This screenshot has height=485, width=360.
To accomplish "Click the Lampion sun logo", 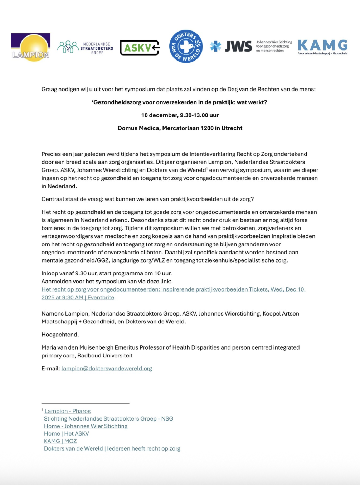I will [31, 47].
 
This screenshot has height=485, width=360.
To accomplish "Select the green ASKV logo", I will [140, 48].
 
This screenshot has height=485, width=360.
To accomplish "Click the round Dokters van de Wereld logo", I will [186, 47].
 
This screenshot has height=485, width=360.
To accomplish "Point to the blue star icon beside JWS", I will [215, 46].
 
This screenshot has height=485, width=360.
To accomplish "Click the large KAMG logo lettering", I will [322, 45].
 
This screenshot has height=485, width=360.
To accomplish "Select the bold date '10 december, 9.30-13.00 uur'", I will [180, 115].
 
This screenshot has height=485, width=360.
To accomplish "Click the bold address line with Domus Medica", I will [180, 128].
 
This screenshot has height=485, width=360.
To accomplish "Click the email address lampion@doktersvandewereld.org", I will [107, 369].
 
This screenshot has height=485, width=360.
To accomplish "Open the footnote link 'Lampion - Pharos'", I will [67, 411].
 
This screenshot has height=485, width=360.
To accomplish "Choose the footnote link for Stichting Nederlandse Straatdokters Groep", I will [108, 419].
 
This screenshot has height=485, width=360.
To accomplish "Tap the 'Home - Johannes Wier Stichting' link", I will [86, 426].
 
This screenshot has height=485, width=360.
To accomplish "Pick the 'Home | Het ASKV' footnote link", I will [66, 434].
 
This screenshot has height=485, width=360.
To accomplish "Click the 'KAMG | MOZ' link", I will [60, 441].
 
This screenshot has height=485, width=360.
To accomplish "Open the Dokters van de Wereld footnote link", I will [112, 449].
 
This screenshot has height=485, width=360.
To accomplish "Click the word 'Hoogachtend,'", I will [60, 335].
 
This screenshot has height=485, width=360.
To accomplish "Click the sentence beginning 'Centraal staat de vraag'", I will [147, 199].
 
